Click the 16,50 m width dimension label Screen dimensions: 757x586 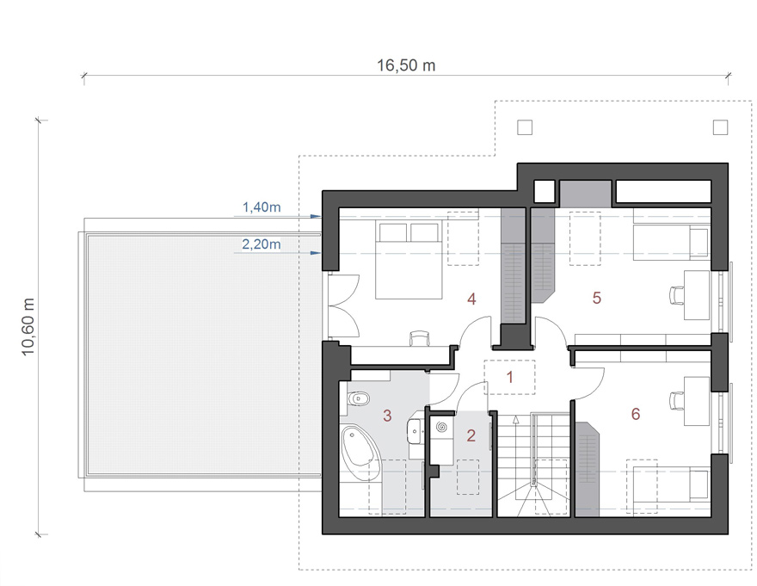(x=406, y=65)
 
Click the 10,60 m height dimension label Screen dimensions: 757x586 (x=28, y=326)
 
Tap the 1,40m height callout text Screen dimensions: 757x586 (x=262, y=207)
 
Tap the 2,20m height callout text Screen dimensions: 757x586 (x=262, y=244)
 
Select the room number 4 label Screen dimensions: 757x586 (x=471, y=299)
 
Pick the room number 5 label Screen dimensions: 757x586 (x=597, y=298)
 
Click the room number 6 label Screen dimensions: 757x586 (x=636, y=414)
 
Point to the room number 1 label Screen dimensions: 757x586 (x=509, y=377)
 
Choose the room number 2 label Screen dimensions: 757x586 (x=471, y=435)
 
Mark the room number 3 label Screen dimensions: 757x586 (x=387, y=416)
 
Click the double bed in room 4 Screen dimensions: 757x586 (x=409, y=260)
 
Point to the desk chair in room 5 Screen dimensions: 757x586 (x=676, y=295)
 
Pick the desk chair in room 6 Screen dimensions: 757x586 (x=676, y=400)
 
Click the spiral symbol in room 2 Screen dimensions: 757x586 (x=442, y=428)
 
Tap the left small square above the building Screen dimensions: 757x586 (x=525, y=127)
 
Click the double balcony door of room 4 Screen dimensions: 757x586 (x=344, y=305)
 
